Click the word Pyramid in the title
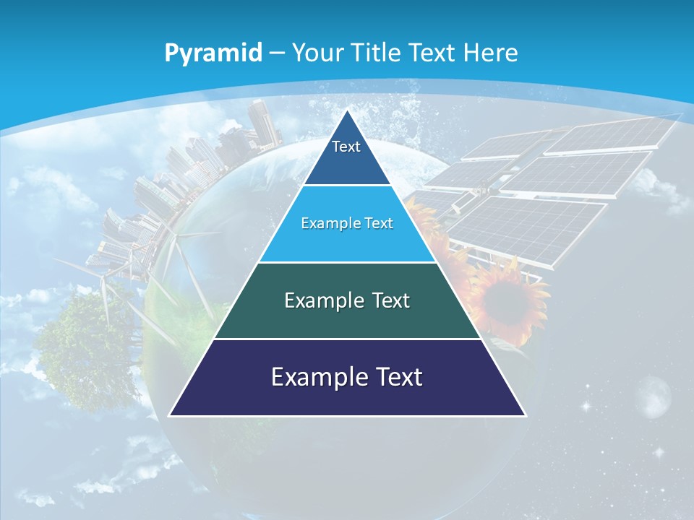point(213,53)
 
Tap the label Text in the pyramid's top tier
point(346,147)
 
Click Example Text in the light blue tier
point(347,223)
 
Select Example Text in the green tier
point(347,300)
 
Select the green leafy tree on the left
point(80,347)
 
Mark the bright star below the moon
point(659,452)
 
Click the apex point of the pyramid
point(347,110)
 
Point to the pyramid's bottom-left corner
point(170,415)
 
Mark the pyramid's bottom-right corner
point(525,415)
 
